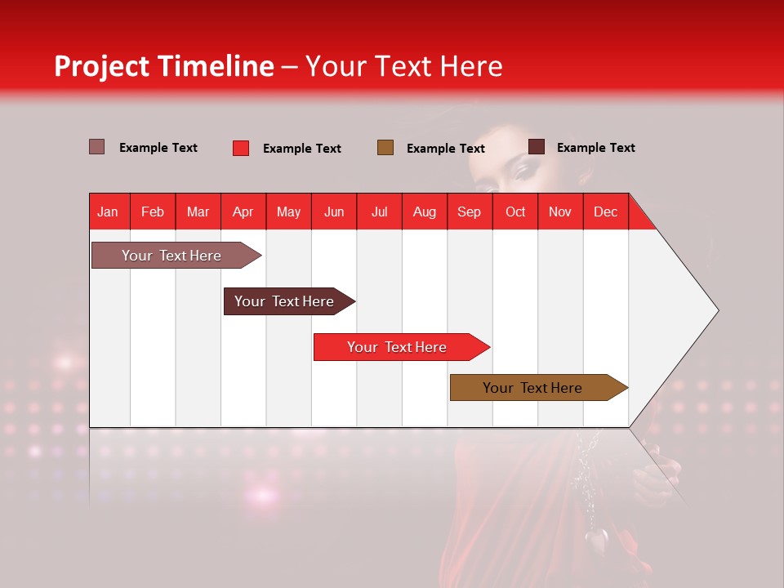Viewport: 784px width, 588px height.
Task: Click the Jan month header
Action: click(x=108, y=212)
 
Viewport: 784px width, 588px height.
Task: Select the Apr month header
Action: click(x=243, y=212)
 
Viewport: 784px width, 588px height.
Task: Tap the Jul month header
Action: click(x=379, y=212)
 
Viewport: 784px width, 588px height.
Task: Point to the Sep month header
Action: click(x=469, y=212)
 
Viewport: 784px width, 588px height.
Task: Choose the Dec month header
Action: click(x=605, y=212)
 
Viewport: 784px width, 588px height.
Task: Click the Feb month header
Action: click(x=153, y=212)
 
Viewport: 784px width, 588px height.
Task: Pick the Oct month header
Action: click(x=515, y=212)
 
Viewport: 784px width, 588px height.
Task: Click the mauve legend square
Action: click(x=97, y=147)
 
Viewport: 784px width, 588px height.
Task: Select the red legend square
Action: click(x=241, y=148)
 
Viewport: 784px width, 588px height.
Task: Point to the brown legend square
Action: click(x=385, y=148)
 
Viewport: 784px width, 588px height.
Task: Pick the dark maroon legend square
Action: click(x=537, y=147)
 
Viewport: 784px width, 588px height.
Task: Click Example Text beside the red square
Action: click(x=301, y=149)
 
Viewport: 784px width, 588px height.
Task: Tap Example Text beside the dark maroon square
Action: click(x=595, y=148)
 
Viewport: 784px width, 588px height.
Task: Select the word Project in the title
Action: click(x=103, y=66)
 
